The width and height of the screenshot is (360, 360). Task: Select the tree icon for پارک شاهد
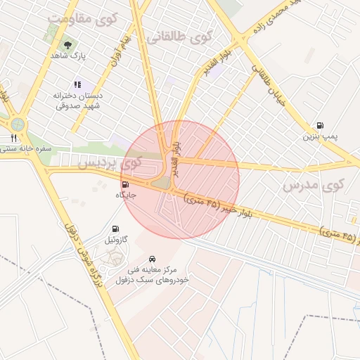pyautogui.click(x=67, y=45)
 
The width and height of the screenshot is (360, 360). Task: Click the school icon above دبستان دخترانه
pyautogui.click(x=77, y=84)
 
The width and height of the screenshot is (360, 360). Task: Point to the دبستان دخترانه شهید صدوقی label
pyautogui.click(x=78, y=100)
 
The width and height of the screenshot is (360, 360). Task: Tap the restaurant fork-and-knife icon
pyautogui.click(x=13, y=138)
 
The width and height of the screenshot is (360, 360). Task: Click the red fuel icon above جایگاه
pyautogui.click(x=125, y=184)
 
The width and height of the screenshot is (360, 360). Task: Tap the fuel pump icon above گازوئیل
pyautogui.click(x=115, y=229)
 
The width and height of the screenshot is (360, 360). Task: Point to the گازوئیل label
pyautogui.click(x=115, y=240)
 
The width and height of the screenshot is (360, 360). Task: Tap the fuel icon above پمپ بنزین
pyautogui.click(x=321, y=125)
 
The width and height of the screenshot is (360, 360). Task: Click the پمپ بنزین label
pyautogui.click(x=321, y=136)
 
